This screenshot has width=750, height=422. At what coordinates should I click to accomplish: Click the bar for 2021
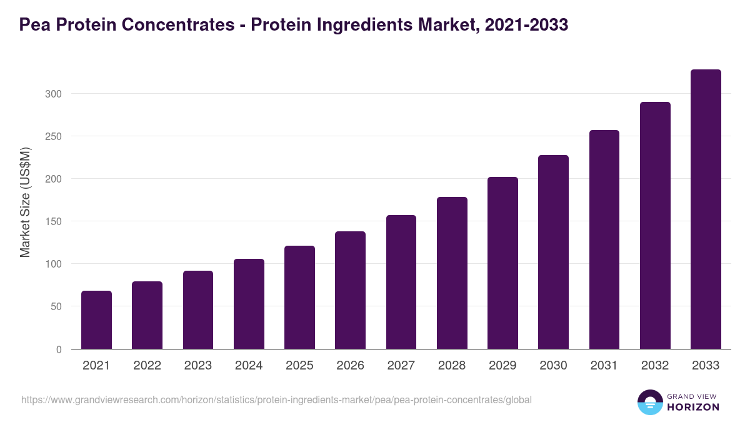[96, 320]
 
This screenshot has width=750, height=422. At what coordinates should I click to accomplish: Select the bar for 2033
[706, 209]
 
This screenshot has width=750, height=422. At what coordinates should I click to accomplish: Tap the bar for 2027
[401, 282]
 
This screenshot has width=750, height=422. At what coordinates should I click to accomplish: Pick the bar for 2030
[553, 252]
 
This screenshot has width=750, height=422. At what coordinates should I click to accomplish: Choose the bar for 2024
[249, 304]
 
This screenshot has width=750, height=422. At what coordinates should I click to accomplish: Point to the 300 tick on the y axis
[53, 94]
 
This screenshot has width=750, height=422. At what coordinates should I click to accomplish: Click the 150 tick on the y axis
[53, 221]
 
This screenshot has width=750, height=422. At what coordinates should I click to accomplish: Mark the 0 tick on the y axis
[59, 349]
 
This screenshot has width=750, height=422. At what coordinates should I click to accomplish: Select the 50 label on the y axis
[56, 306]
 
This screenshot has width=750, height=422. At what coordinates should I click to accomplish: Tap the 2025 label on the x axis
[299, 366]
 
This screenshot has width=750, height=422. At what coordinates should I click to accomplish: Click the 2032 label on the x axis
[655, 366]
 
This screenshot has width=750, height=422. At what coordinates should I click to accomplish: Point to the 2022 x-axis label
[147, 366]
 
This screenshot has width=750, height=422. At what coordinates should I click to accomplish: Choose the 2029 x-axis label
[502, 366]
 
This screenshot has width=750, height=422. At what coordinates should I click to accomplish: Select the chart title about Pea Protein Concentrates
[294, 25]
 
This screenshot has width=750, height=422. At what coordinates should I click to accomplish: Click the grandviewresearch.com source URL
[276, 399]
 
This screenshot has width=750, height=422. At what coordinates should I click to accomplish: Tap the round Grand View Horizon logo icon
[649, 402]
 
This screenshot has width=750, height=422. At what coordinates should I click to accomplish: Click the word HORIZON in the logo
[692, 407]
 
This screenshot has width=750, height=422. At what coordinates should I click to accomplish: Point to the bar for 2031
[604, 239]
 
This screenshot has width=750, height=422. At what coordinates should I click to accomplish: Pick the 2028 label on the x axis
[452, 366]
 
